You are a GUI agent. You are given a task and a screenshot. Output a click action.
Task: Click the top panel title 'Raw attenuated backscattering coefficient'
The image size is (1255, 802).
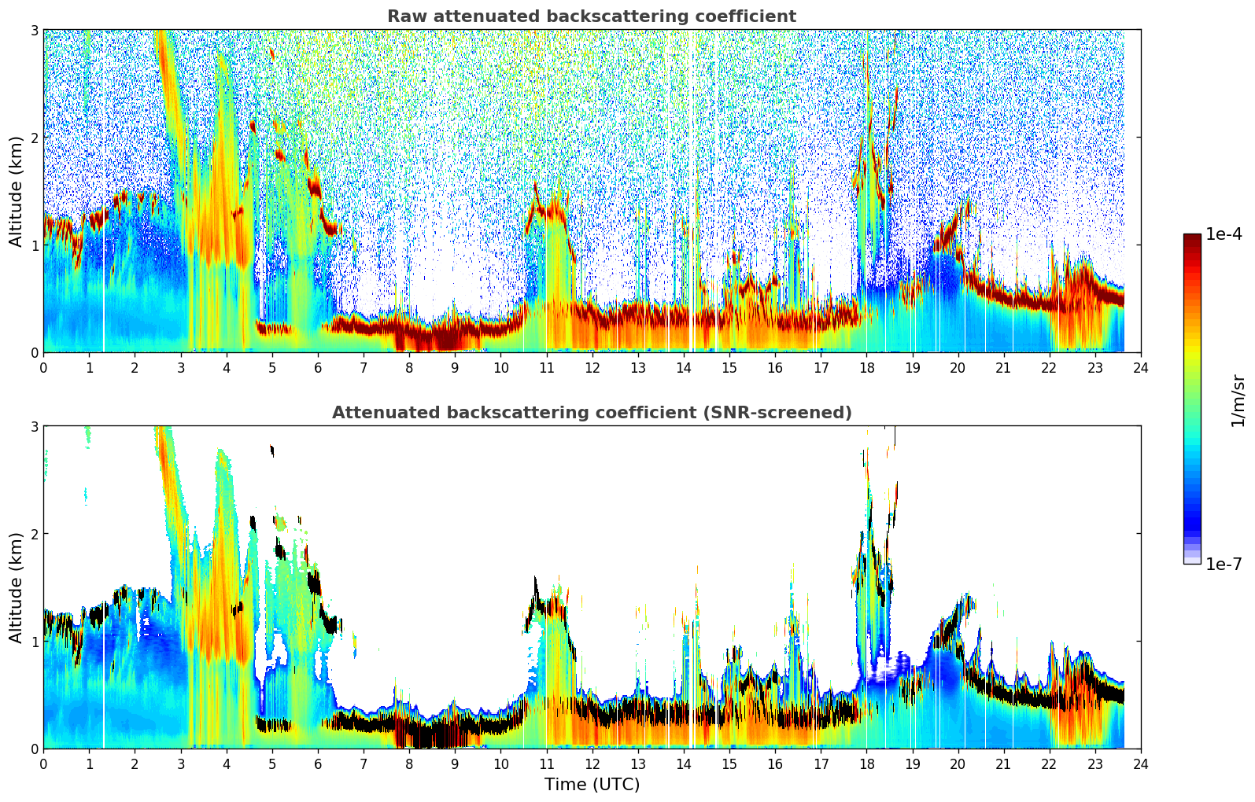click(591, 17)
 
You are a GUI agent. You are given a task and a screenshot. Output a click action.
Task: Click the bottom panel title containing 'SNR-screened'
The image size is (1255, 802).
click(591, 413)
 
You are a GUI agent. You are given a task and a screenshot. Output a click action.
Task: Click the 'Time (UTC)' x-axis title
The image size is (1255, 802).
click(592, 785)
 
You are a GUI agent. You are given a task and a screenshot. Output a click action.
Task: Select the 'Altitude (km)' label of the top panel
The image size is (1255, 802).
click(16, 190)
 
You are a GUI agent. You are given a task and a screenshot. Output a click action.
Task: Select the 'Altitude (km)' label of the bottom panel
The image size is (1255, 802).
click(16, 587)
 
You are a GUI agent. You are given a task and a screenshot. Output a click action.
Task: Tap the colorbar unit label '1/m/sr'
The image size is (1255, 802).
click(1238, 399)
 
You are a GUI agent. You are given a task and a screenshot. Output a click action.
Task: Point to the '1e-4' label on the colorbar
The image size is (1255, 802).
click(1224, 234)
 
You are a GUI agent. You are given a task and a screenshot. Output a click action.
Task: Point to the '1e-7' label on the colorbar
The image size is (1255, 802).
click(1224, 564)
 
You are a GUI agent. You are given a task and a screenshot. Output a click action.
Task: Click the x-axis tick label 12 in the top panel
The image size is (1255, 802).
click(592, 368)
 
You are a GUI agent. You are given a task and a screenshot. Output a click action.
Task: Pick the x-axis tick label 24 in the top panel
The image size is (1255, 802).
click(1141, 368)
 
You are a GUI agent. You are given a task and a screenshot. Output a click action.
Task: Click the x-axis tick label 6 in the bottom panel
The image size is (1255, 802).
click(318, 764)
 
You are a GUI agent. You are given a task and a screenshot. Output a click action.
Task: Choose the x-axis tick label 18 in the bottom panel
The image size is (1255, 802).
click(866, 764)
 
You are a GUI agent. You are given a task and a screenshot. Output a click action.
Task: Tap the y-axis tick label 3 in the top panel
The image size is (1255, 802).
click(35, 30)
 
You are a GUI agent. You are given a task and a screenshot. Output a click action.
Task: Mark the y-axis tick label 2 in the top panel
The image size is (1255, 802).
click(35, 138)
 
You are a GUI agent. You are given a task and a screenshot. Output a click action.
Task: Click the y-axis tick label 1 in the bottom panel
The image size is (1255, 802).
click(35, 642)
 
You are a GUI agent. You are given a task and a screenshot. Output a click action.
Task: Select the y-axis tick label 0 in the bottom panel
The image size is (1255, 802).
click(35, 749)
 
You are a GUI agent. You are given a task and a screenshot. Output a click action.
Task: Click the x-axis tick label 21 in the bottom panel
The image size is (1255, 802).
click(1003, 764)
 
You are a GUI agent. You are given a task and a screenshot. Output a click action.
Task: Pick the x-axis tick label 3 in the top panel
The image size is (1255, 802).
click(181, 368)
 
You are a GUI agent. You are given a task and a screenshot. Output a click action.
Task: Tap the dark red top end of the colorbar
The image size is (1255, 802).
click(1192, 238)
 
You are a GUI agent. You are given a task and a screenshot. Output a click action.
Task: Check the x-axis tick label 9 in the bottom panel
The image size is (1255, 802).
click(455, 764)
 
